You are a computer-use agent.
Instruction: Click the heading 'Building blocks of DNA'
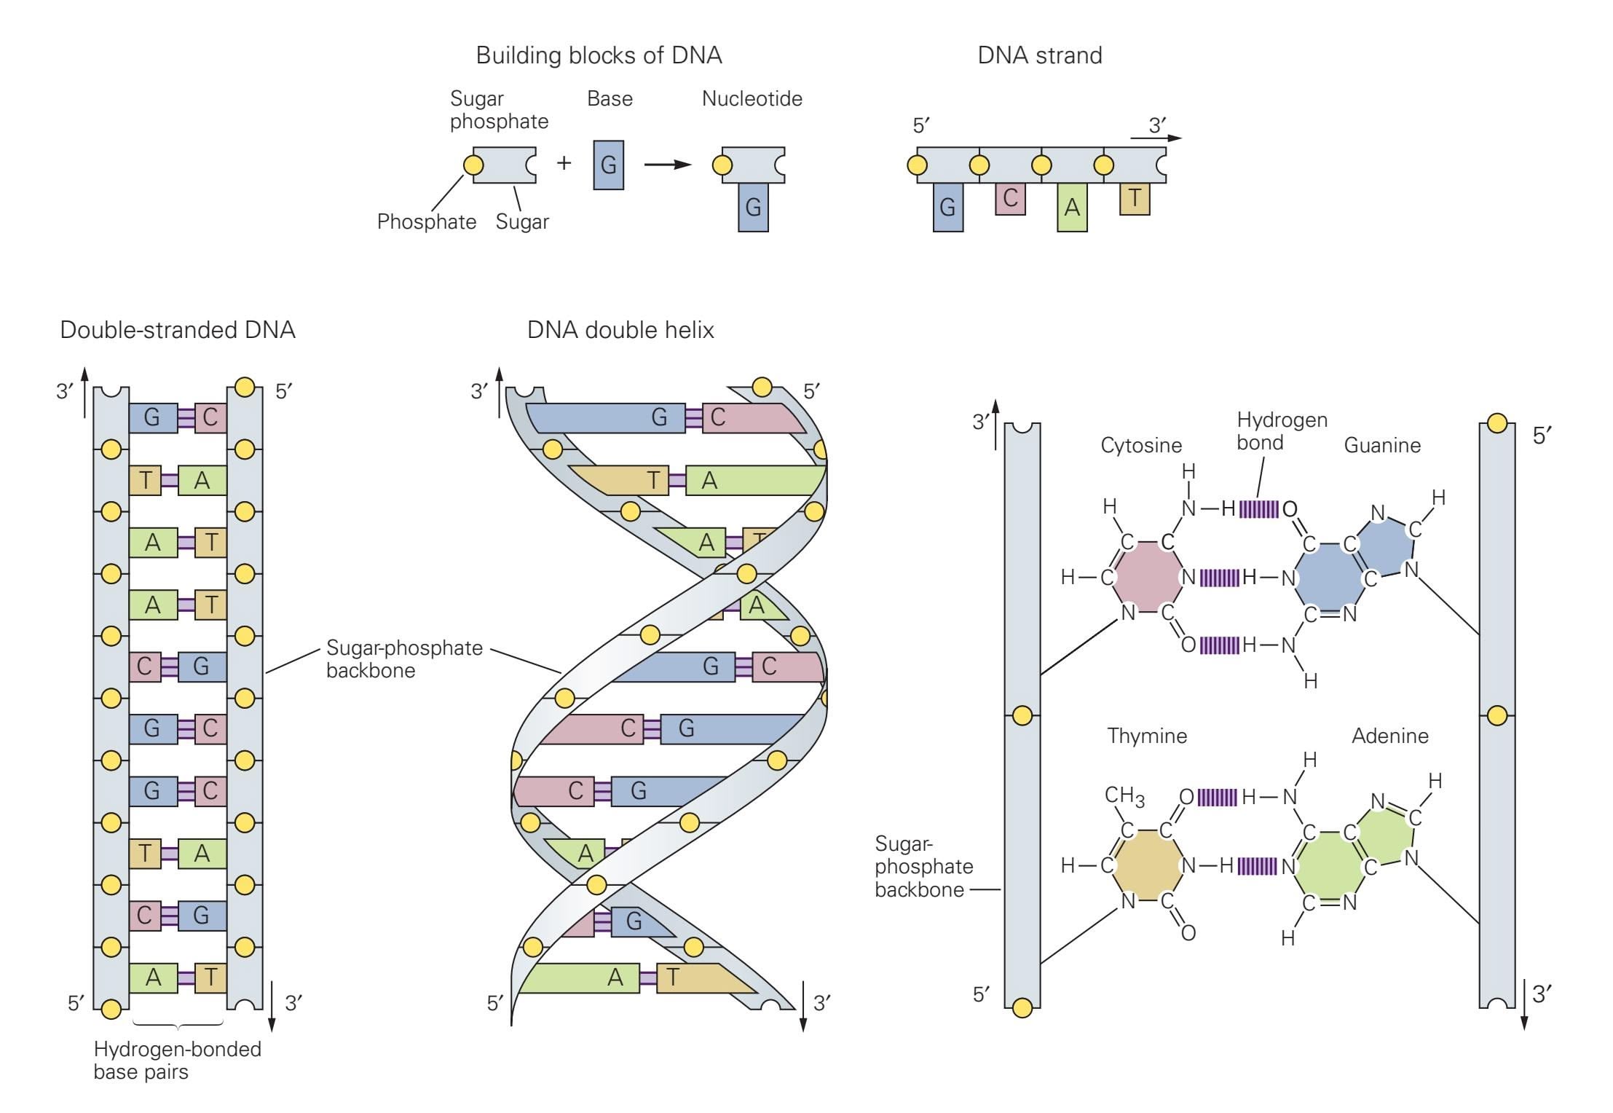click(x=599, y=55)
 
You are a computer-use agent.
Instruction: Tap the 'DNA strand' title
click(x=1039, y=55)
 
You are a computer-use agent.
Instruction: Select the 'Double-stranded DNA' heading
click(x=178, y=330)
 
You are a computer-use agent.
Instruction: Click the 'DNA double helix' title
click(x=620, y=330)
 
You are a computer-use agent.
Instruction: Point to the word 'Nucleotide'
click(x=752, y=99)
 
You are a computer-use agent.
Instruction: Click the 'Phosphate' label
click(x=426, y=221)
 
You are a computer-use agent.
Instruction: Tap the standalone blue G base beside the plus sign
click(x=608, y=165)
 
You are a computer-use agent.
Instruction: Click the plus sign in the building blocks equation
click(x=564, y=162)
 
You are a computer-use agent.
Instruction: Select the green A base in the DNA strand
click(x=1072, y=208)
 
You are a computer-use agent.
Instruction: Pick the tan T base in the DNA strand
click(x=1135, y=198)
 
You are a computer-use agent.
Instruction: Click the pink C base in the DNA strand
click(x=1010, y=198)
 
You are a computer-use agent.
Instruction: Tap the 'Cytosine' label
click(x=1140, y=445)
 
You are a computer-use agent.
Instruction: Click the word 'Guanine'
click(x=1381, y=445)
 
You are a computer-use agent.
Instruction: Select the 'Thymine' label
click(x=1147, y=736)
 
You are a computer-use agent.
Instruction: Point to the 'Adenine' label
click(x=1389, y=736)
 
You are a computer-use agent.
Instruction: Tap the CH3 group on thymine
click(x=1124, y=796)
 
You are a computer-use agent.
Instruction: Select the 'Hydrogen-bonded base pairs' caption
click(x=177, y=1060)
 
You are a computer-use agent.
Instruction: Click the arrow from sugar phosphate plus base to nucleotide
click(x=667, y=165)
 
